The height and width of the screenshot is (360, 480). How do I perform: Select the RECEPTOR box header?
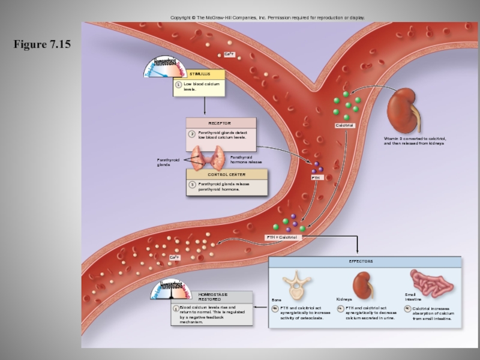point(220,123)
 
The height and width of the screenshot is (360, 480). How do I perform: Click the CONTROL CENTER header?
point(227,174)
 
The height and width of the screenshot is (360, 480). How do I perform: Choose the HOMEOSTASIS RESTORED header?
point(214,297)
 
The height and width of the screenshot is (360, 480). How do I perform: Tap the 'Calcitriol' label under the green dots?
point(345,125)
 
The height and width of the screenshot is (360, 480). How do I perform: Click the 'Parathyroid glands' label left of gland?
point(168,162)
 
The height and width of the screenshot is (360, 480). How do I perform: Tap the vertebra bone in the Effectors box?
point(295,284)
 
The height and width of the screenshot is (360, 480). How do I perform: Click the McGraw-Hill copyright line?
point(267,18)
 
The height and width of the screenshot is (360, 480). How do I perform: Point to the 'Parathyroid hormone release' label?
point(246,160)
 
